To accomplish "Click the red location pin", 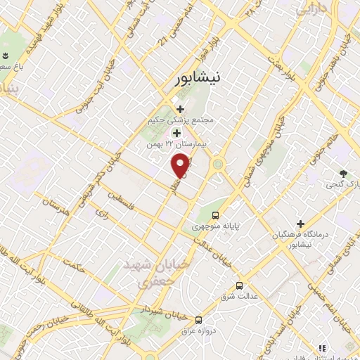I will click(181, 166).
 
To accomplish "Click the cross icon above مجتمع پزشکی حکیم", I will click(181, 109).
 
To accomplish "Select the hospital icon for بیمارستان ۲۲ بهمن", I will click(176, 132).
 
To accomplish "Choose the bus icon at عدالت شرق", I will click(240, 285).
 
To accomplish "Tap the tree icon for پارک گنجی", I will click(342, 173).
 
